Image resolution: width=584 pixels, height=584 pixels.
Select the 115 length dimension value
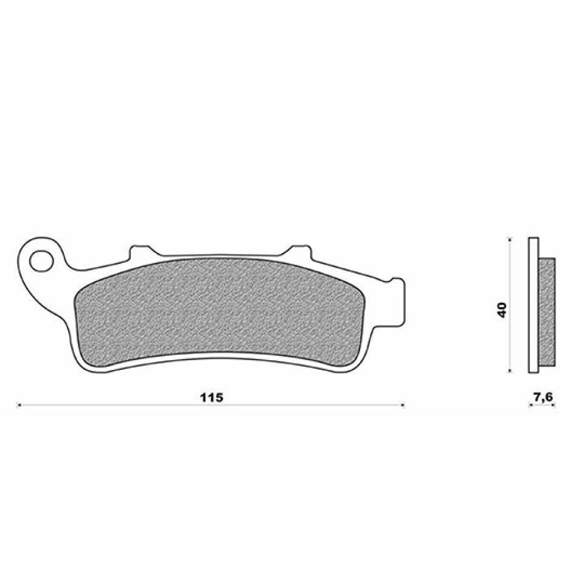pos(212,397)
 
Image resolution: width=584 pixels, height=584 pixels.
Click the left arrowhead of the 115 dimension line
pos(19,404)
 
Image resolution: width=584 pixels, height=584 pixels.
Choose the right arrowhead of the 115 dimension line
pos(401,404)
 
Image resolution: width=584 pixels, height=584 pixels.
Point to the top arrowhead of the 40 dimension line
pos(509,238)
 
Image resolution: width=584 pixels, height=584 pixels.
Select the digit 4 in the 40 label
pos(502,314)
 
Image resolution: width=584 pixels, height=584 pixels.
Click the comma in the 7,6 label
pos(543,400)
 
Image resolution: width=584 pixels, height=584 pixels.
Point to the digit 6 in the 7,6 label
pos(549,397)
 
